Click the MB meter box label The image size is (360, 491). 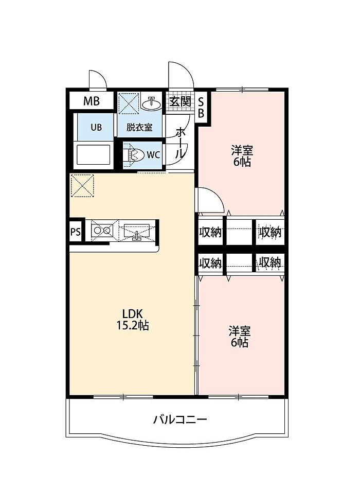pyautogui.click(x=92, y=101)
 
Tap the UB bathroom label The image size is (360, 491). pyautogui.click(x=96, y=128)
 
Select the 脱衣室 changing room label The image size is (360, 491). pyautogui.click(x=139, y=128)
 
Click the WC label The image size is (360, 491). pyautogui.click(x=153, y=155)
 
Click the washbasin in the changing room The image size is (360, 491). pyautogui.click(x=152, y=103)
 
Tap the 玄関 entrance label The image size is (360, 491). pyautogui.click(x=180, y=101)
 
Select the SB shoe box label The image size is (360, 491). pyautogui.click(x=201, y=108)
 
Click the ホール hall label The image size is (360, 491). pyautogui.click(x=180, y=143)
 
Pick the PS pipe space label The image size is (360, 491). pyautogui.click(x=76, y=232)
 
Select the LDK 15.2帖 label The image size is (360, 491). pyautogui.click(x=133, y=320)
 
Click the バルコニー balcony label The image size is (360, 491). pyautogui.click(x=180, y=419)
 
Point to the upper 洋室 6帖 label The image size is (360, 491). pyautogui.click(x=242, y=156)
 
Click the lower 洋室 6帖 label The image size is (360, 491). pyautogui.click(x=240, y=337)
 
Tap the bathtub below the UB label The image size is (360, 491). pyautogui.click(x=93, y=154)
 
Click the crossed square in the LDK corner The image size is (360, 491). pyautogui.click(x=83, y=186)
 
